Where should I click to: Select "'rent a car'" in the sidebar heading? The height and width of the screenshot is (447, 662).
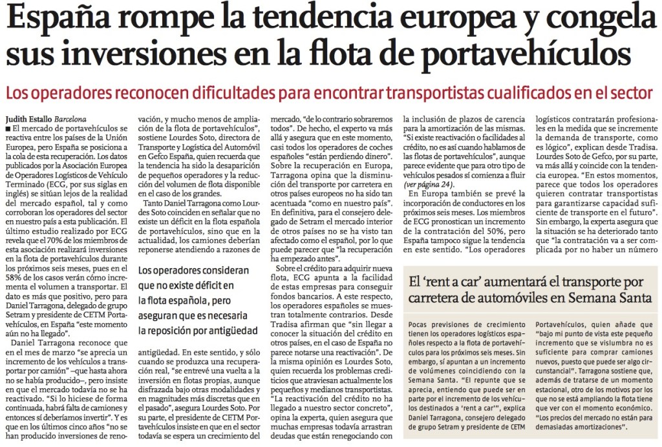pos(457,282)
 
